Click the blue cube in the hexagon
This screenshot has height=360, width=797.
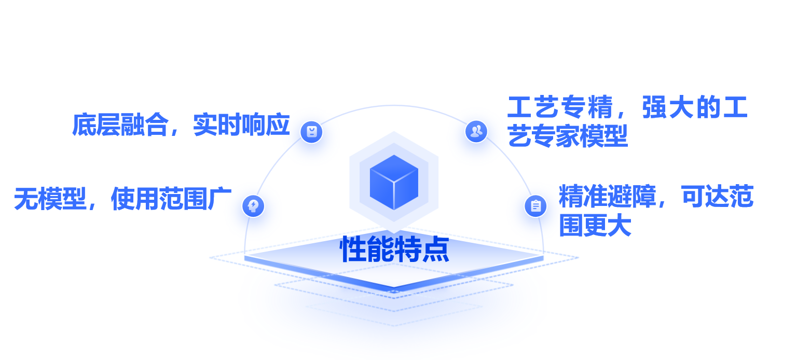(394, 182)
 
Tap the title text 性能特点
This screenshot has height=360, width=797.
(394, 250)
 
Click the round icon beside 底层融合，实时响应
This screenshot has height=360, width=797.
(311, 132)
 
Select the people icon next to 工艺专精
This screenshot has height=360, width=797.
(476, 131)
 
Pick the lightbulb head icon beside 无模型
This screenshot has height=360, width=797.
(253, 206)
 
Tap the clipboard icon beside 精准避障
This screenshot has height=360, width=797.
(535, 206)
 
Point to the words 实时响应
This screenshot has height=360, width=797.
(241, 125)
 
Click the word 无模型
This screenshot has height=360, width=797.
(50, 199)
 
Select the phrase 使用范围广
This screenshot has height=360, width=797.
(171, 199)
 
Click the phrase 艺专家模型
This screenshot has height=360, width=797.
(568, 136)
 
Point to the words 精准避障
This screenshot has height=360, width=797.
(607, 197)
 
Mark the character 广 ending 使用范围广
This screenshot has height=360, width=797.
(219, 199)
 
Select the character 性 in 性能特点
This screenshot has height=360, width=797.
(353, 250)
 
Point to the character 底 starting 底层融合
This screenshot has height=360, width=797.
(84, 125)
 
